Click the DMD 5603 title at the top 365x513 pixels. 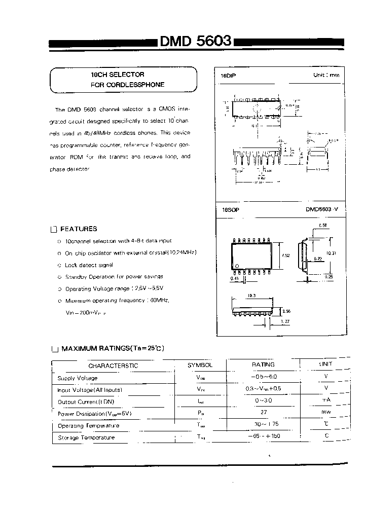click(197, 41)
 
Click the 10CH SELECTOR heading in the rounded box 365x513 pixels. click(117, 75)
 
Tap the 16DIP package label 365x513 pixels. click(229, 75)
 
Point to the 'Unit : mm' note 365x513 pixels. click(326, 75)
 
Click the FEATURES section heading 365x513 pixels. click(79, 229)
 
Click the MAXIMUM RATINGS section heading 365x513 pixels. click(113, 348)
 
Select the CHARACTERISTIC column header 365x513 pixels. click(113, 365)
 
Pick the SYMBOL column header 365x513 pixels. click(200, 365)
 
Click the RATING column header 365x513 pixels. click(263, 364)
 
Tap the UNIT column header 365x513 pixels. click(325, 364)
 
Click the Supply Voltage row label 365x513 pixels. click(77, 378)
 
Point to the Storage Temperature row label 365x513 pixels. click(86, 437)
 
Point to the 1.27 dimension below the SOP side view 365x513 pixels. click(285, 321)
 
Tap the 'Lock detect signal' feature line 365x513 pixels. click(89, 265)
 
